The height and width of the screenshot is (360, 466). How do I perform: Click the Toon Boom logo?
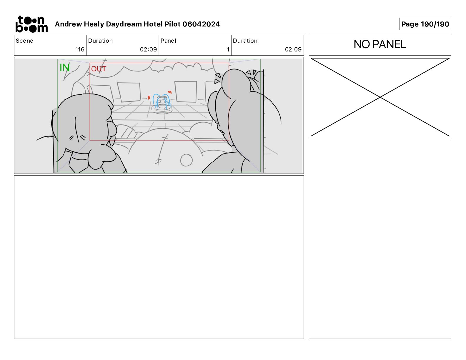(x=32, y=24)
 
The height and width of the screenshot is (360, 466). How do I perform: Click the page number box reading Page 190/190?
(x=425, y=24)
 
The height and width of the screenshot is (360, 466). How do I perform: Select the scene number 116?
(x=80, y=49)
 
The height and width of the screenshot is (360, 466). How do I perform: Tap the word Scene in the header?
(x=24, y=41)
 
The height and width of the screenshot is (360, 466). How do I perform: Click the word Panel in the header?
(x=168, y=41)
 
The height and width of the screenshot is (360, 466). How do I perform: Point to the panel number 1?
(x=228, y=49)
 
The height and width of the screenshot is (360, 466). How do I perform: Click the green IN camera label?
(x=64, y=68)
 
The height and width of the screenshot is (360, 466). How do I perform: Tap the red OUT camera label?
(x=99, y=69)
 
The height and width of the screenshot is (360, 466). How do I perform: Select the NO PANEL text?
(x=380, y=44)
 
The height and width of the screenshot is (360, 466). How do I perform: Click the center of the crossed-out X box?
(x=380, y=97)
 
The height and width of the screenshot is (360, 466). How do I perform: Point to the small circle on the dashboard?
(x=186, y=160)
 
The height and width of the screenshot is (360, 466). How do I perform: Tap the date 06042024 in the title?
(x=201, y=24)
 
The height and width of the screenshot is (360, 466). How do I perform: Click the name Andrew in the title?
(x=69, y=24)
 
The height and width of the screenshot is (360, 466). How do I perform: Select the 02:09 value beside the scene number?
(x=148, y=49)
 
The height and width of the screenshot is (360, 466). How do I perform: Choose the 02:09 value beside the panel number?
(x=293, y=49)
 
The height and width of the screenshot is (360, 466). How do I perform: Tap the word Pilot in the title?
(x=173, y=24)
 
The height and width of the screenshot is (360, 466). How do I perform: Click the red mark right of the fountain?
(x=170, y=92)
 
